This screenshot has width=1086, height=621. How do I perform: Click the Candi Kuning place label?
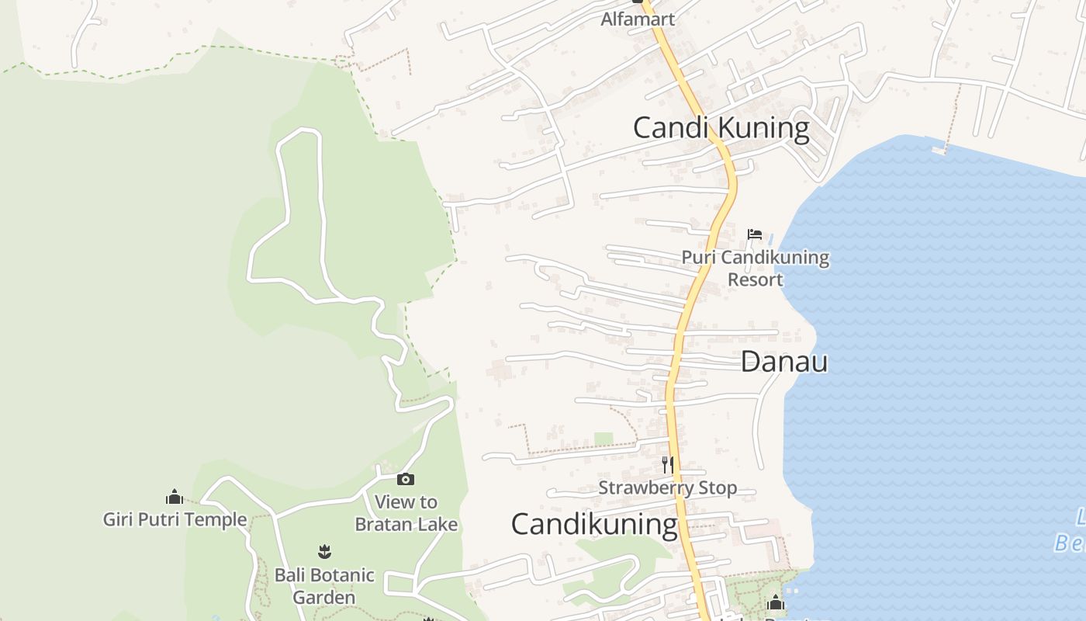tap(721, 127)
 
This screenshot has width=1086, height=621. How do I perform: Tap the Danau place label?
tap(784, 362)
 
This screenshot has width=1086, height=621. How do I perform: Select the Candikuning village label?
tap(594, 525)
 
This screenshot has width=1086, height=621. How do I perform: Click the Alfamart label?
tap(638, 19)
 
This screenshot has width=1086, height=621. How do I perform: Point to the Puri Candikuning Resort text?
tap(756, 268)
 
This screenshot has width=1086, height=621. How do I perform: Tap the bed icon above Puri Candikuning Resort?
tap(755, 234)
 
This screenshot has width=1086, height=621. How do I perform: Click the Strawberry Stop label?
tap(667, 488)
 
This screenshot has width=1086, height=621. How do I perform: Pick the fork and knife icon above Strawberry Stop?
tap(667, 465)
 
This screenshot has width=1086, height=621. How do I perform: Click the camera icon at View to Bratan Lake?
tap(406, 480)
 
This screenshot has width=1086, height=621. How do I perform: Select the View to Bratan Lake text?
tap(406, 513)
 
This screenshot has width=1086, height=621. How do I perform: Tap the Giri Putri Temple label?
tap(175, 519)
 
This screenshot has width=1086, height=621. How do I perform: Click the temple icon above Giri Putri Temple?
tap(175, 498)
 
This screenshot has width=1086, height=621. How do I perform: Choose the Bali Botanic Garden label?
tap(324, 586)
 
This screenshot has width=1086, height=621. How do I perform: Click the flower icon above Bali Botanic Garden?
tap(324, 552)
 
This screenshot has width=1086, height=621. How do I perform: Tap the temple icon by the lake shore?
tap(776, 602)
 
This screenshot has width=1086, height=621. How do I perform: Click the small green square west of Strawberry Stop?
tap(604, 439)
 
